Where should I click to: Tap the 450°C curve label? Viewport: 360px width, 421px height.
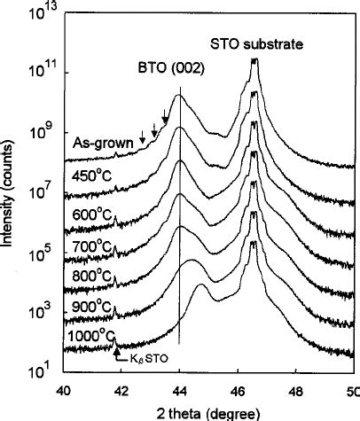[90, 174]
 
